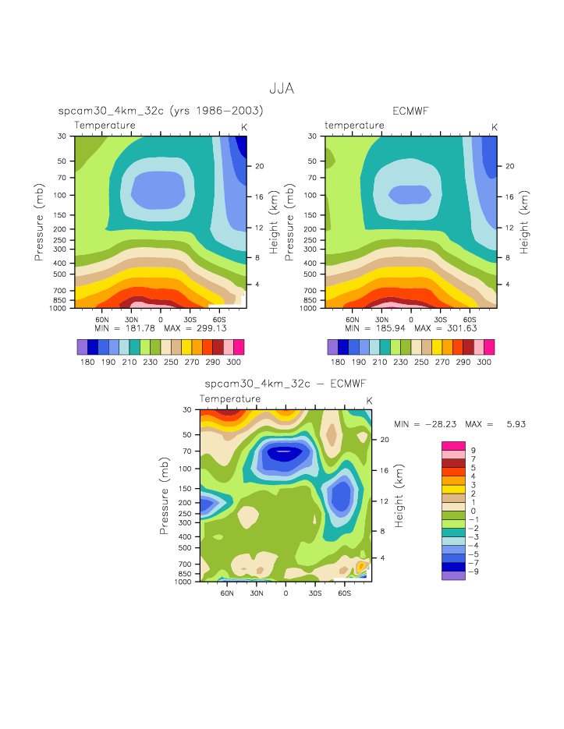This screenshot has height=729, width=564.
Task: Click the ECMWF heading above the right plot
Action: [410, 111]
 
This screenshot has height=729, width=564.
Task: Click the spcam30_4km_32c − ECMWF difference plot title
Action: [285, 384]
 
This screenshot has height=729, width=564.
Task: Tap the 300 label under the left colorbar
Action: [233, 363]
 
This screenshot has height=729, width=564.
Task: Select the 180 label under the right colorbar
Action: [338, 363]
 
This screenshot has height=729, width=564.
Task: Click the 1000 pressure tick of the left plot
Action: [63, 308]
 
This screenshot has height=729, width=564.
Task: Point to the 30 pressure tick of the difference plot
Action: [188, 409]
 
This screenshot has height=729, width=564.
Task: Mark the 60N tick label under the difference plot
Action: [227, 593]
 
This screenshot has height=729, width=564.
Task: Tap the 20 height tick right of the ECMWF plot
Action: [507, 166]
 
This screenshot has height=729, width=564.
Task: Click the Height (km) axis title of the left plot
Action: [274, 222]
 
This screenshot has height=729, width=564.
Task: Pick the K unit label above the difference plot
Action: [369, 401]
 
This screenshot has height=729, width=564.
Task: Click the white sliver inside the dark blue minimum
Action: [285, 451]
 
